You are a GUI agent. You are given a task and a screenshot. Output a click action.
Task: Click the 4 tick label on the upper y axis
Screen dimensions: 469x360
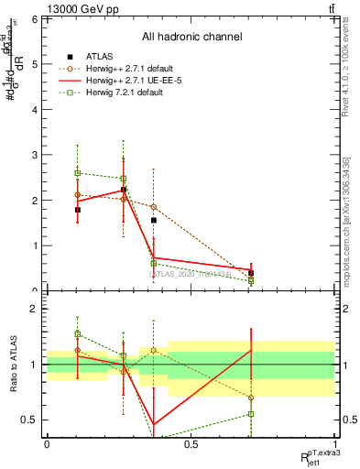click(33, 109)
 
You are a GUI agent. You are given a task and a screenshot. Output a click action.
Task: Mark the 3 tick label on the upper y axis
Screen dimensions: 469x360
click(33, 155)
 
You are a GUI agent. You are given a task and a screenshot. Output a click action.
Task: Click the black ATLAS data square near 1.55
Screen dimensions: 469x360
click(154, 221)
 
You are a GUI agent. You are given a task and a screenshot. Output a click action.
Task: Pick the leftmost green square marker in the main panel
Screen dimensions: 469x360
click(78, 172)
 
